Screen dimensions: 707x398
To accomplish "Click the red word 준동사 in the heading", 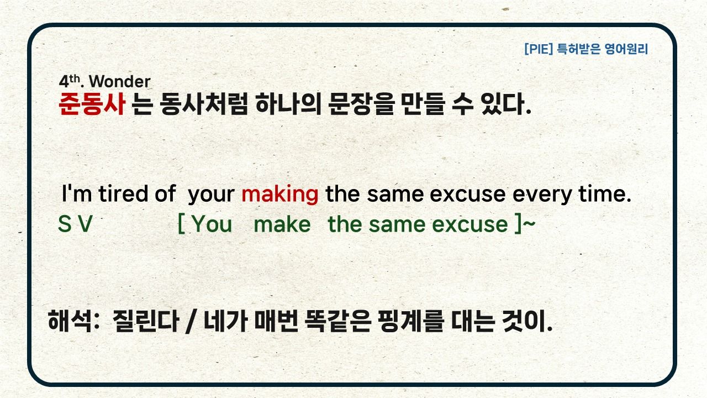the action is [92, 103].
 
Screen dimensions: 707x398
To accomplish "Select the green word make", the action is [282, 224].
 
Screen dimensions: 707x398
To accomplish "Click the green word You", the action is [212, 224].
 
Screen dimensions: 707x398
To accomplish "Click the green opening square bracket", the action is [182, 224].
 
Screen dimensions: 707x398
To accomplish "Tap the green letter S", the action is [65, 224].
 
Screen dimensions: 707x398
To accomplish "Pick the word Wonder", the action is [120, 81].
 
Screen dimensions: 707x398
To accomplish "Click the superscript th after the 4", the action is [75, 78].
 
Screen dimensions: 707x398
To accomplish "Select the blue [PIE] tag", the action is [539, 49].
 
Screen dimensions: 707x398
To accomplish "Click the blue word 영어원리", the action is [626, 49].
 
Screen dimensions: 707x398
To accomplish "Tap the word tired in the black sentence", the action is [123, 193].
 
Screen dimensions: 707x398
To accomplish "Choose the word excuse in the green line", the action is [469, 224].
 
